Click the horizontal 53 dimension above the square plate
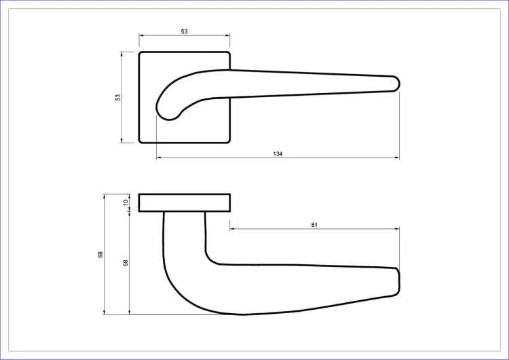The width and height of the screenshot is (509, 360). pyautogui.click(x=185, y=31)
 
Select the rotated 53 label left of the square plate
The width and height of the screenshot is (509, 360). pyautogui.click(x=118, y=97)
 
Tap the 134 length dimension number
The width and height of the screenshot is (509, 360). pyautogui.click(x=278, y=154)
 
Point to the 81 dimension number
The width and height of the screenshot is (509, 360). pyautogui.click(x=314, y=225)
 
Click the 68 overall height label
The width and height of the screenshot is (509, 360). pyautogui.click(x=100, y=255)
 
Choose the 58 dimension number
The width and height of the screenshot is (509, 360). pyautogui.click(x=126, y=262)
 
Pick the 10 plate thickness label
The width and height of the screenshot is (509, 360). pyautogui.click(x=126, y=202)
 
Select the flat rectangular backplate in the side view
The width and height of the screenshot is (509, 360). pyautogui.click(x=185, y=202)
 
